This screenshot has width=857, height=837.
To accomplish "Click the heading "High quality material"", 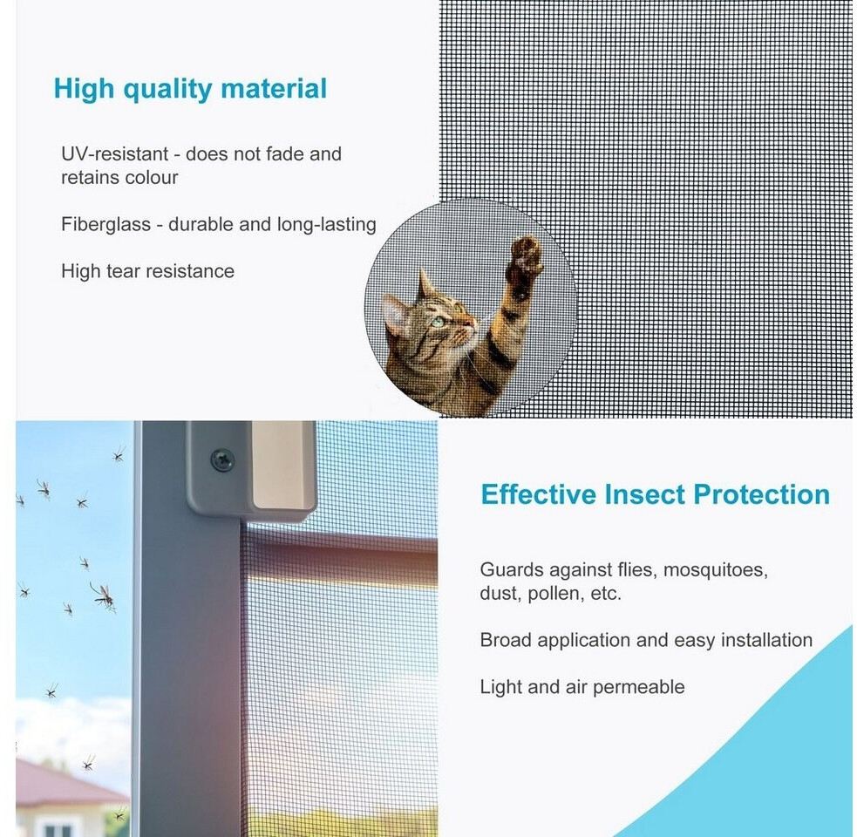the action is [x=190, y=89].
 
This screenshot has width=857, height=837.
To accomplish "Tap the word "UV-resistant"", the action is [x=114, y=154].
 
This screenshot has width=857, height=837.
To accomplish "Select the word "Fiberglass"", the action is [x=105, y=224].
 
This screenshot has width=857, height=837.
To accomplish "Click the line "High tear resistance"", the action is [x=147, y=271].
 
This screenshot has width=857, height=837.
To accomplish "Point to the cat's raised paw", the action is [x=524, y=257].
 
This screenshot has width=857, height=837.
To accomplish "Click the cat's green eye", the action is [x=438, y=322].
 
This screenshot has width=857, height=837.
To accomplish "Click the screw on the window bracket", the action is [x=222, y=459].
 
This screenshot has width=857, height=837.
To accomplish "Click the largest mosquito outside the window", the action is [x=104, y=595].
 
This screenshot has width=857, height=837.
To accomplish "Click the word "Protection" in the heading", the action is [x=762, y=494].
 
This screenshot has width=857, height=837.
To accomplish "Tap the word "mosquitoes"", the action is [x=716, y=570].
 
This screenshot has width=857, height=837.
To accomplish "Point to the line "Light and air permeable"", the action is [x=582, y=687].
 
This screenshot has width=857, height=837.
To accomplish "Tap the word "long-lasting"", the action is [x=326, y=225].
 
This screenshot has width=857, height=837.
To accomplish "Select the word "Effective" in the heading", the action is [x=539, y=494].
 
